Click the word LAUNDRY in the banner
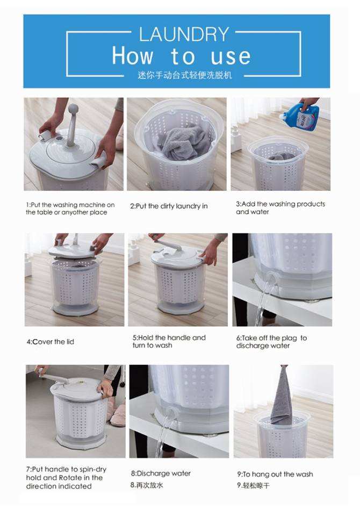click(184, 34)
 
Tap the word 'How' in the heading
click(133, 55)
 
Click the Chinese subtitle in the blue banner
click(185, 75)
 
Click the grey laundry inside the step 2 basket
click(183, 141)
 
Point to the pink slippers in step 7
click(118, 415)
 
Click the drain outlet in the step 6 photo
click(271, 279)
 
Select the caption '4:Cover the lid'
click(51, 342)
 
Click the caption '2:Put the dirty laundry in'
click(169, 206)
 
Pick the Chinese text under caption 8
click(147, 485)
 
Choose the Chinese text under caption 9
click(254, 485)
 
